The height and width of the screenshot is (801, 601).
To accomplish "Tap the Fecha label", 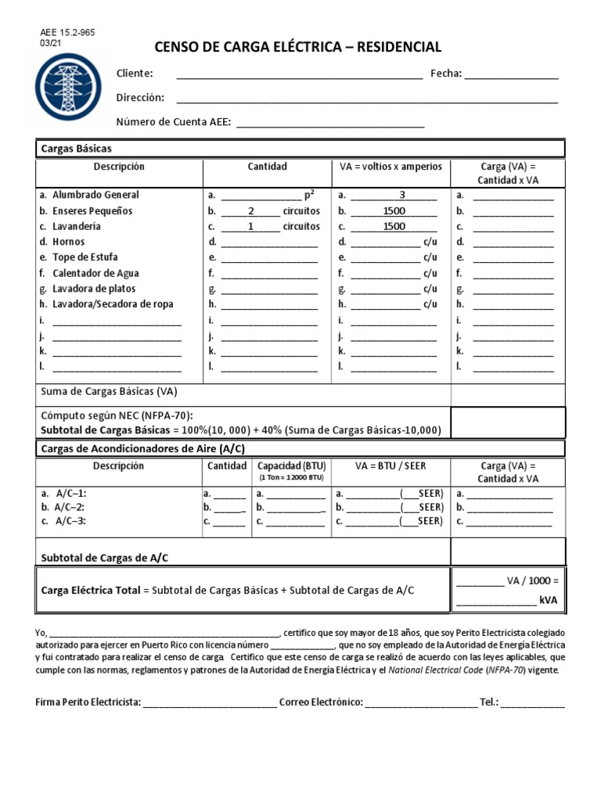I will coord(446,74).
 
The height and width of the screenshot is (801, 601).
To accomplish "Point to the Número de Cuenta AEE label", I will coord(174,121).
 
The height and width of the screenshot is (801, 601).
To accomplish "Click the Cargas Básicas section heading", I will coord(76,148).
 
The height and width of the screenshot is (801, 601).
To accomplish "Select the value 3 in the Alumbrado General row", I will coord(402,195).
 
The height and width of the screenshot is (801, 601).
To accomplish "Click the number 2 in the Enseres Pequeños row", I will coord(251,210).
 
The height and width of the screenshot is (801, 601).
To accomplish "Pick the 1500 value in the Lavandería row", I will coord(394,226).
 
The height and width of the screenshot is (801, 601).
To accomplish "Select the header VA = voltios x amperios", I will coord(390,167).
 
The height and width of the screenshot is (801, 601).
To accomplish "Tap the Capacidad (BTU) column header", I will coord(291,465).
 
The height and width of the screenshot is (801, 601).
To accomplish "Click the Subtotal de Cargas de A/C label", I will coord(105,558).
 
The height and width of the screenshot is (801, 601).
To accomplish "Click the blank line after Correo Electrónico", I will coord(420,702).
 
